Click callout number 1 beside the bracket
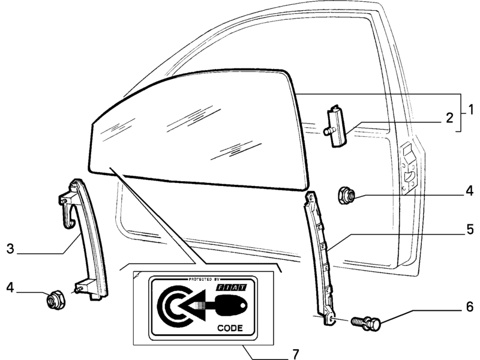click(x=470, y=110)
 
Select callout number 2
click(x=449, y=118)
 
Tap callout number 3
click(x=10, y=248)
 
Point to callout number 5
click(x=470, y=230)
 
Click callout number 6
click(x=470, y=307)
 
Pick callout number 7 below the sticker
click(x=295, y=354)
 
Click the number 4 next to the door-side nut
click(x=470, y=191)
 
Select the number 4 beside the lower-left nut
click(x=10, y=288)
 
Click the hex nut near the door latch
click(x=346, y=196)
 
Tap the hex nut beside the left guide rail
click(x=56, y=300)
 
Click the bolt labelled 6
click(x=366, y=323)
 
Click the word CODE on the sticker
click(x=230, y=328)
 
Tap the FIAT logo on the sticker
click(x=232, y=287)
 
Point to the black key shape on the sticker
click(x=232, y=305)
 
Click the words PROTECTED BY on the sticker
click(x=200, y=280)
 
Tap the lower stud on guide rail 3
click(x=79, y=289)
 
